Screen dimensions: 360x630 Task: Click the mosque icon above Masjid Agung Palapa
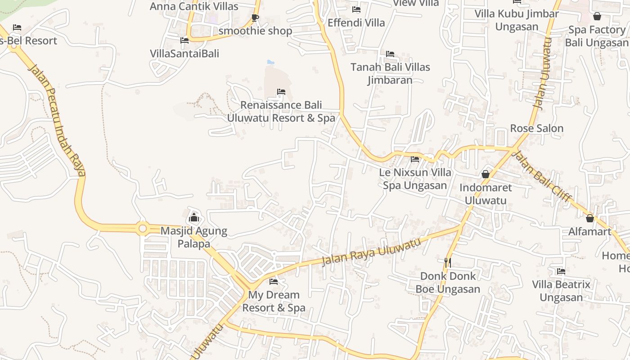coord(194,218)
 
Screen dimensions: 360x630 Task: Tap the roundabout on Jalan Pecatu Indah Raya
coord(143,229)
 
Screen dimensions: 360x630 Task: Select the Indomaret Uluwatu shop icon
coord(486,174)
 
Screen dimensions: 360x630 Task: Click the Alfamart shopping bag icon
coord(590,219)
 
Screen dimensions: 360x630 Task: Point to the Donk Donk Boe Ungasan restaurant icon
coord(447,262)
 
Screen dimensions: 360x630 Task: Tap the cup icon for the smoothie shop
coord(255,18)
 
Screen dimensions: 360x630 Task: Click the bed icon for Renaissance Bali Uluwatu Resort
coord(281,92)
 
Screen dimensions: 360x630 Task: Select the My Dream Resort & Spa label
coord(274,301)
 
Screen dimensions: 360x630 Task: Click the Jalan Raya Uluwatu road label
coord(371,252)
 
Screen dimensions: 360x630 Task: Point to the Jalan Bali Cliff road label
coord(542,176)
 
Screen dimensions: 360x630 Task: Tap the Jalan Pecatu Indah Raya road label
coord(56,120)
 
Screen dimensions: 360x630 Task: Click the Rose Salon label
coord(536,129)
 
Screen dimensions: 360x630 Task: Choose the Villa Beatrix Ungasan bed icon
coord(561,271)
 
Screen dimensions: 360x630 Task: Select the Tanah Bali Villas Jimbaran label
coord(390,73)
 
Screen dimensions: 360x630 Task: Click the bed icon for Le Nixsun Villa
coord(415,159)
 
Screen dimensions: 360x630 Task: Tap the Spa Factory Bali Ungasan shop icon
coord(597,17)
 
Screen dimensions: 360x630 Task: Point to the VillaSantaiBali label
coord(184,54)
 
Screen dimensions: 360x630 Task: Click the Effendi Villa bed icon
coord(356,9)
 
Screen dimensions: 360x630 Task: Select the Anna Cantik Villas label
coord(194,6)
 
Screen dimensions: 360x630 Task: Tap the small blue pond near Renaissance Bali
coord(270,62)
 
